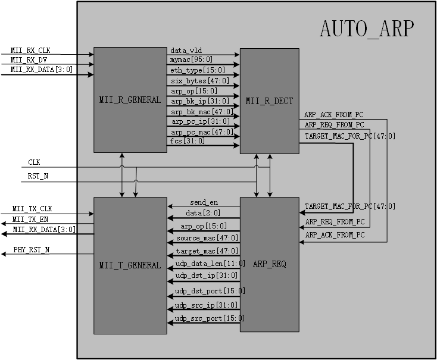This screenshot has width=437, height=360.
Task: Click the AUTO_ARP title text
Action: click(366, 29)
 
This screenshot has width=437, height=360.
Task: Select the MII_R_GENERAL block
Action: click(130, 100)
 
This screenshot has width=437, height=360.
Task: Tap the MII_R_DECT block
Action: click(269, 101)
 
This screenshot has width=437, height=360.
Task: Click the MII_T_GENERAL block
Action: click(130, 265)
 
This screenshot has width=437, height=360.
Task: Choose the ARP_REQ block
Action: click(269, 264)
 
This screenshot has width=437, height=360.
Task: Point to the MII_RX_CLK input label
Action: click(35, 51)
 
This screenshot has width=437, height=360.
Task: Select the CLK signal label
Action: click(35, 162)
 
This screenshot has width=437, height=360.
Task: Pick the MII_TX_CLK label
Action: click(32, 209)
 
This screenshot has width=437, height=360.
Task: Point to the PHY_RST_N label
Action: click(32, 250)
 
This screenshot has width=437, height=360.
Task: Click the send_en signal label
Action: click(202, 202)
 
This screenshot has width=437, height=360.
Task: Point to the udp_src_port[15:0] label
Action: click(209, 318)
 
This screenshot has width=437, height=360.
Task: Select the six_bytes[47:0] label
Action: click(199, 80)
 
